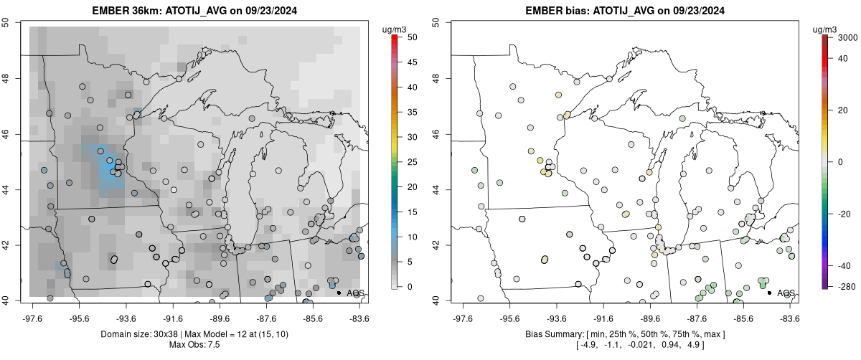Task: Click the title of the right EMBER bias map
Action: point(626,11)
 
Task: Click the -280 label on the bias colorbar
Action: point(847,287)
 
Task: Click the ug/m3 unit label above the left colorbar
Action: point(394,29)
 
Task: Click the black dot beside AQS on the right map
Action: point(769,293)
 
